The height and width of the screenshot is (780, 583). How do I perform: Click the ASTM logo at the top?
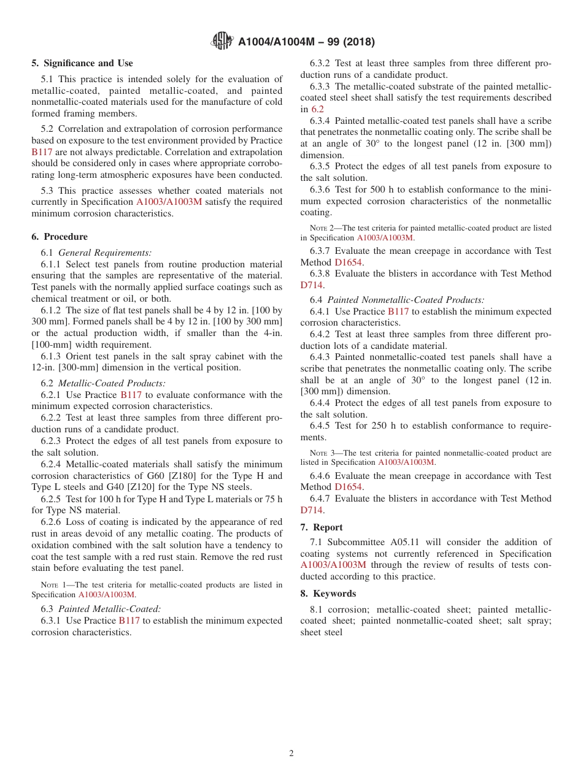[222, 41]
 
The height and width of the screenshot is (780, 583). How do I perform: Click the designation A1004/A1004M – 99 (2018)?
[306, 42]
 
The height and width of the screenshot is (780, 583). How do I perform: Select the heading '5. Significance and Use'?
[82, 63]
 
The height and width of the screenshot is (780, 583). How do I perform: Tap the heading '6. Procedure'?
[60, 237]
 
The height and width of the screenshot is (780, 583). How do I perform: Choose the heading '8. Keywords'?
[328, 594]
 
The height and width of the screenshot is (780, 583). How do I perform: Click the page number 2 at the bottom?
[291, 754]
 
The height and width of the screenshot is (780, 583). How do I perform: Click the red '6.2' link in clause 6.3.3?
[317, 109]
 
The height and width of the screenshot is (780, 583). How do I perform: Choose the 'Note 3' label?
[321, 453]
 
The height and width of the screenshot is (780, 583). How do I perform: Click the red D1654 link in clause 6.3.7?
[348, 262]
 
